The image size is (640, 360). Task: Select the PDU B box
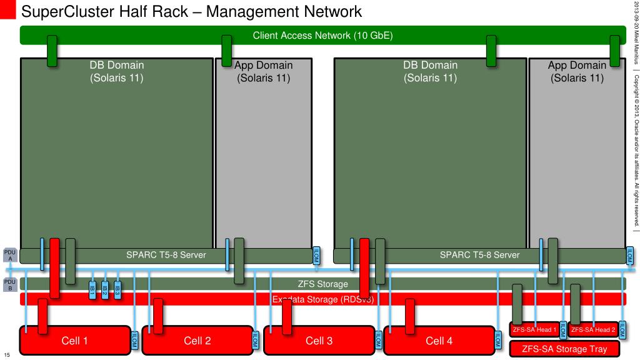pyautogui.click(x=10, y=284)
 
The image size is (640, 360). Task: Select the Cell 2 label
pyautogui.click(x=197, y=341)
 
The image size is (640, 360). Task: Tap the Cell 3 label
pyautogui.click(x=319, y=341)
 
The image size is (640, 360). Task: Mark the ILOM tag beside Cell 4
pyautogui.click(x=497, y=339)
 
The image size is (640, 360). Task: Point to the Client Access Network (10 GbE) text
pyautogui.click(x=322, y=36)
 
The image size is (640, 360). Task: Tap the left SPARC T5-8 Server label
pyautogui.click(x=166, y=255)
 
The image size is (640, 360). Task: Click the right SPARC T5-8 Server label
pyautogui.click(x=479, y=255)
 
